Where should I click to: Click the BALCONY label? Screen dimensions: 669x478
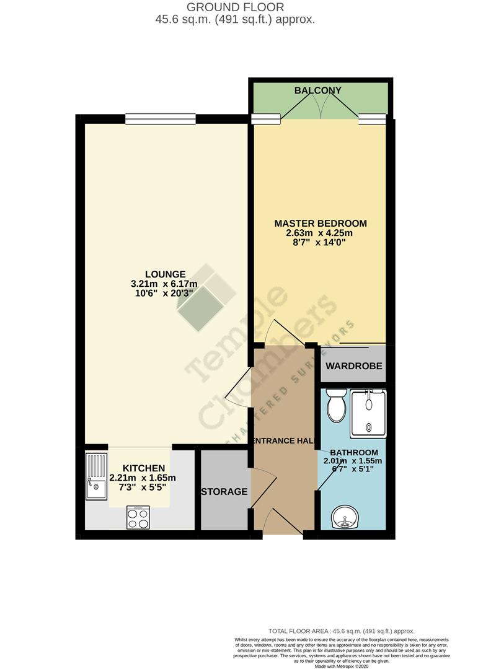[x=317, y=90]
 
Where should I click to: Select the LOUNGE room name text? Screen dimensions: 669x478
[x=165, y=274]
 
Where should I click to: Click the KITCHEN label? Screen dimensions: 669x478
[x=143, y=468]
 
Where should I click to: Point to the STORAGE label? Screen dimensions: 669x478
[x=224, y=492]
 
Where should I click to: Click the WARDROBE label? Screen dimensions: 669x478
[x=352, y=365]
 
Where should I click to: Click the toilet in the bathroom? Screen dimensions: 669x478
[x=335, y=406]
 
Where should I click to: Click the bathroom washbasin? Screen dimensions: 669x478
[x=344, y=517]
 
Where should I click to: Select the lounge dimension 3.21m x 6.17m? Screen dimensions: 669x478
[x=165, y=284]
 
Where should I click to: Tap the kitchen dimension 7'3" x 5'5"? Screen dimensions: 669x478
[x=143, y=488]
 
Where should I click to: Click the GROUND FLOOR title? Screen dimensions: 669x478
[x=235, y=7]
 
